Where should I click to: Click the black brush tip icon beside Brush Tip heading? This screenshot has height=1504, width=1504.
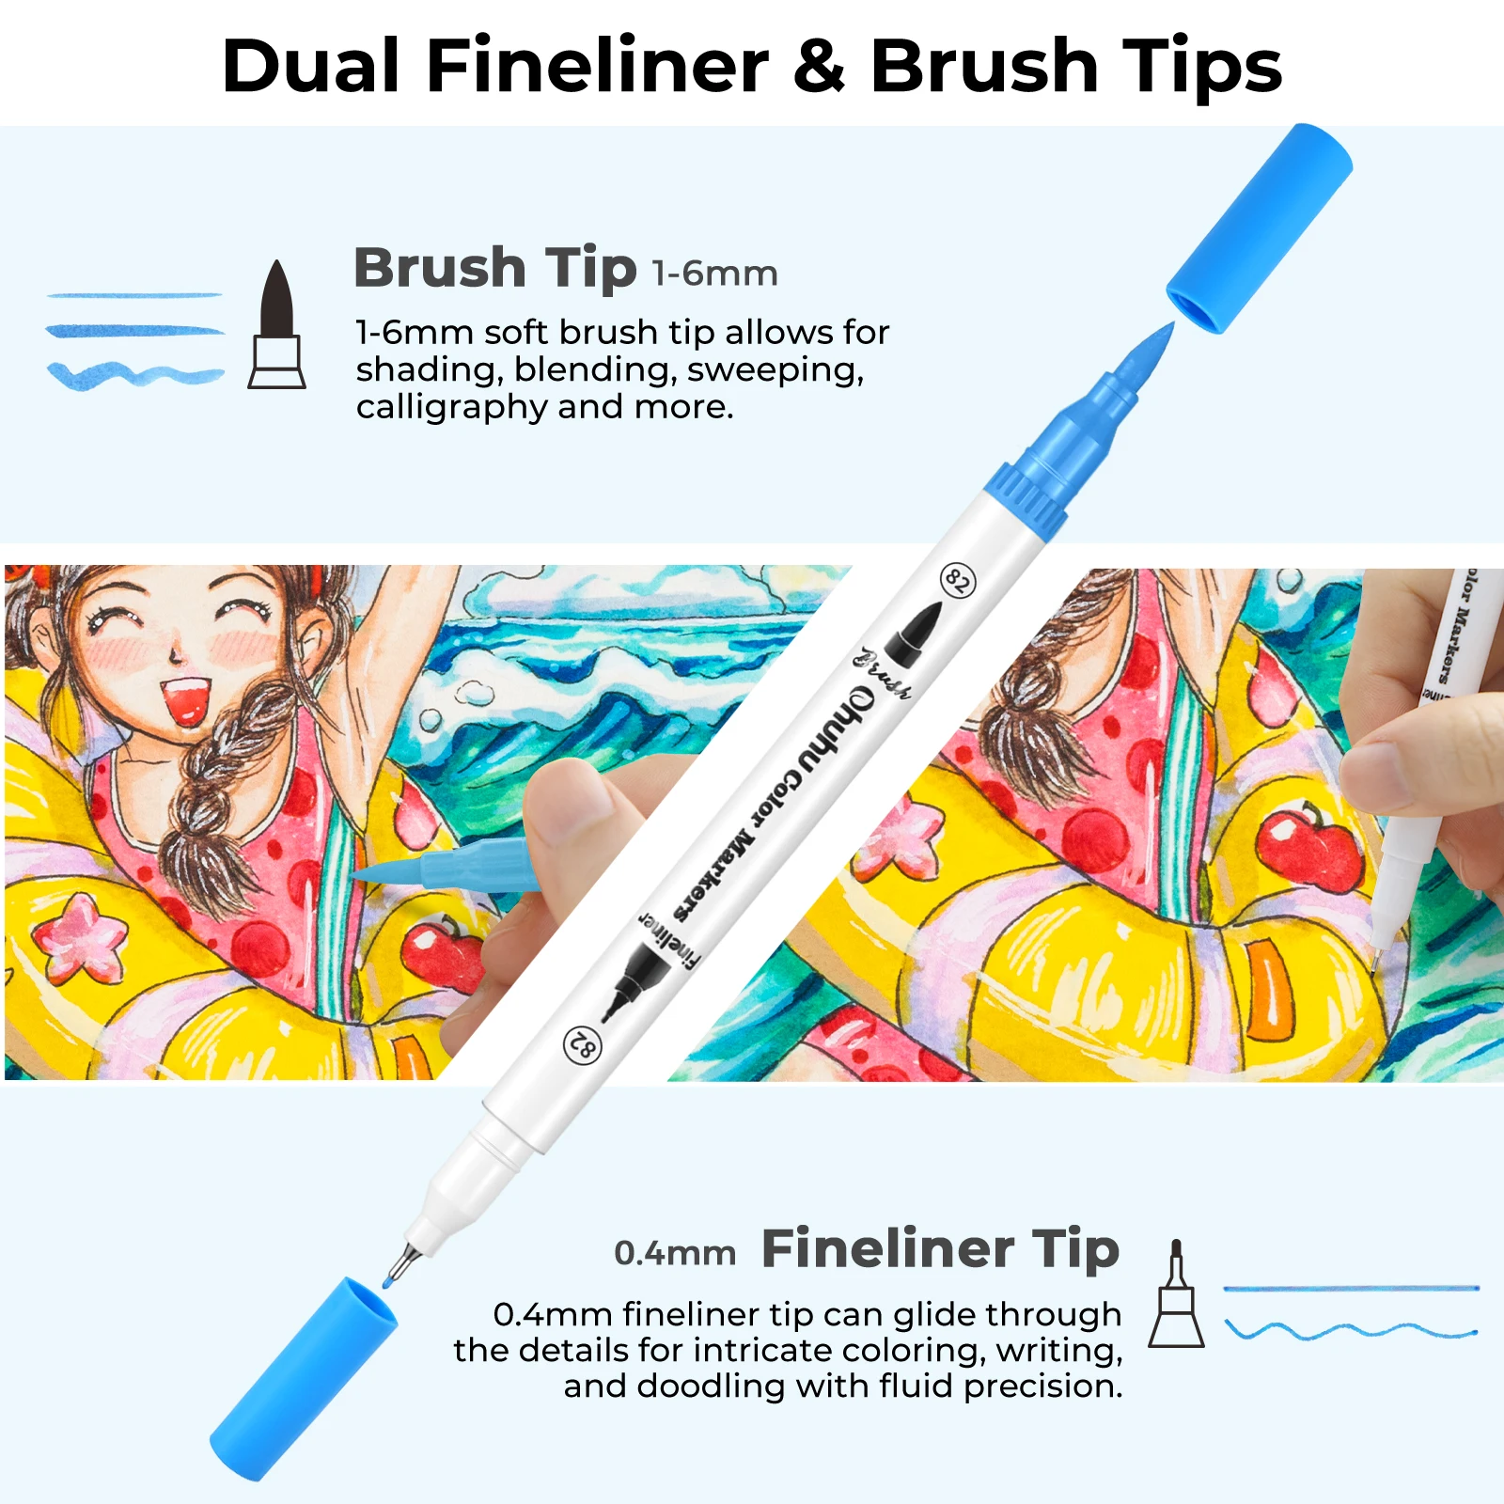(x=276, y=324)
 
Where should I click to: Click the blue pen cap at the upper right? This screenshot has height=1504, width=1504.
(x=1260, y=227)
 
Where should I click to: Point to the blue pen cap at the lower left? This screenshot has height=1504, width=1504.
(x=303, y=1379)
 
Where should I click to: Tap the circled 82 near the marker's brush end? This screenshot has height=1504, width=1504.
(x=958, y=581)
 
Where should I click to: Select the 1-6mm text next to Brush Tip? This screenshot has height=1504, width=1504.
(x=715, y=274)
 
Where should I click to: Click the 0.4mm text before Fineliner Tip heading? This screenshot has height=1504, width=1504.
(x=675, y=1253)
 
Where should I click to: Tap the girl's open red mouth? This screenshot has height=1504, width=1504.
(x=185, y=702)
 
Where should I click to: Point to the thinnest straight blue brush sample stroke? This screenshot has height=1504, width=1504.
(x=134, y=295)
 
